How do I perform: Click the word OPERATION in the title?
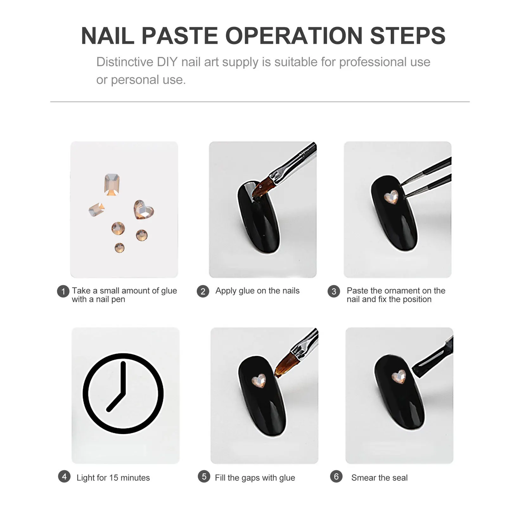pos(294,35)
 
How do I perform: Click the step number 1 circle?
pos(63,291)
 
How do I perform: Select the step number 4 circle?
pos(64,477)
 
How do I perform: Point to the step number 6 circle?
pos(336,477)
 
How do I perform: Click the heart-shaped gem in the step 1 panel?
pos(143,210)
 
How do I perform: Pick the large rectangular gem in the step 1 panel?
pos(112,184)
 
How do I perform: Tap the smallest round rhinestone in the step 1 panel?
pos(119,247)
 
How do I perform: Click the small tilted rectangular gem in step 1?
pos(97,210)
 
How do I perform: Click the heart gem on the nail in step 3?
pos(391,197)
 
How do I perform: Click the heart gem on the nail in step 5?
pos(259,380)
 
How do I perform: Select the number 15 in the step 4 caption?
pos(113,478)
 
